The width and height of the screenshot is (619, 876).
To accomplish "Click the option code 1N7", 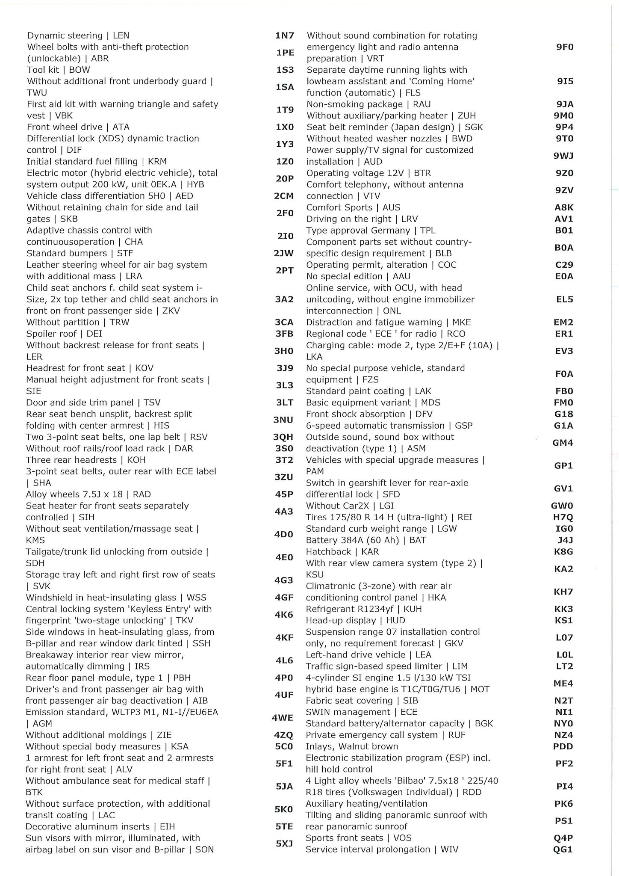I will tap(284, 36).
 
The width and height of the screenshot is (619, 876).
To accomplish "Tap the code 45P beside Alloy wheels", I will tap(284, 494).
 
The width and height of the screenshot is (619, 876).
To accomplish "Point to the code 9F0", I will tap(565, 47).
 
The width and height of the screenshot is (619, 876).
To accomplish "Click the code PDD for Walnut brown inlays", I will tap(563, 746).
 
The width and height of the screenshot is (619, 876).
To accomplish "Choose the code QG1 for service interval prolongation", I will tap(563, 849).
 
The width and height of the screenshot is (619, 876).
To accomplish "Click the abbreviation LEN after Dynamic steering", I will tap(121, 36).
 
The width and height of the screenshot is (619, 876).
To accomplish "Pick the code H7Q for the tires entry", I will tap(563, 517).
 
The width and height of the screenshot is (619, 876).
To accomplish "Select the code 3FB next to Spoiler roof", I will tap(284, 334).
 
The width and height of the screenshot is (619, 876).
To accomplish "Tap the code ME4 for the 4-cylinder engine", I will tap(563, 684).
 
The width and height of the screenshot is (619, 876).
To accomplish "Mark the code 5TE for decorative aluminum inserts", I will tap(284, 827).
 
